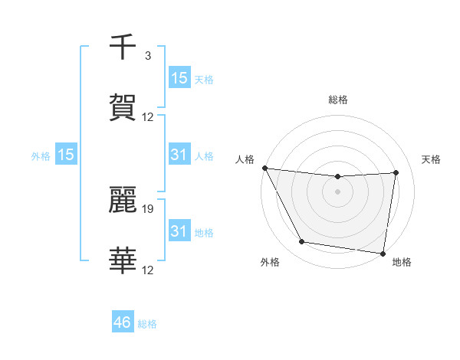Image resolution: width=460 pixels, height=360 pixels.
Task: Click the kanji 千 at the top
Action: click(x=123, y=47)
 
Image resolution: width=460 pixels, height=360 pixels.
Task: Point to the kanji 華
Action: click(x=123, y=261)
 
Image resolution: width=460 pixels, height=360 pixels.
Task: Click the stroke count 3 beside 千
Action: click(x=147, y=56)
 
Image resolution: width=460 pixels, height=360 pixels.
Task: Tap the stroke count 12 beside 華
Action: click(x=147, y=270)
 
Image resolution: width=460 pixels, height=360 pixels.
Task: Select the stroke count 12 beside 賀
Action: click(x=147, y=117)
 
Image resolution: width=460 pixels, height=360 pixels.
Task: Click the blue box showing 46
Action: click(x=123, y=322)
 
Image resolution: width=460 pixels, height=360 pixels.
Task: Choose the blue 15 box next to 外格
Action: click(x=66, y=155)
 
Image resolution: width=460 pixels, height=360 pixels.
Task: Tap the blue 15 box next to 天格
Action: click(x=179, y=78)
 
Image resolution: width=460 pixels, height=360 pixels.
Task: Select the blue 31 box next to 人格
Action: click(x=179, y=155)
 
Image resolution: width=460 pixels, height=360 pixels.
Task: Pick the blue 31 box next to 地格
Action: click(x=179, y=231)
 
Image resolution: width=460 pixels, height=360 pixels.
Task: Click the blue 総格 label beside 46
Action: click(x=147, y=324)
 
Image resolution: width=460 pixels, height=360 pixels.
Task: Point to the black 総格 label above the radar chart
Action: click(x=338, y=100)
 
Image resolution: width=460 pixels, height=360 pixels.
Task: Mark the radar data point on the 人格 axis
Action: click(x=264, y=168)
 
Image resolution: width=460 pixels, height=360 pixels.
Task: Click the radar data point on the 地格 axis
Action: click(x=383, y=253)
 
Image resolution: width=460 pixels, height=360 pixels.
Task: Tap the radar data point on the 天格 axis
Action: click(x=396, y=172)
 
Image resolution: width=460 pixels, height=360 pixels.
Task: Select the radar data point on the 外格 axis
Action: click(x=301, y=242)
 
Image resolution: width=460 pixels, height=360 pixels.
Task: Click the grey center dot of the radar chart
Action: click(x=338, y=191)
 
